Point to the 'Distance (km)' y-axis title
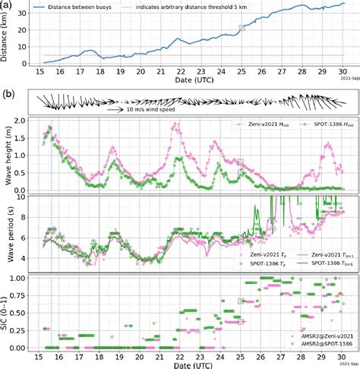(6, 38)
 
